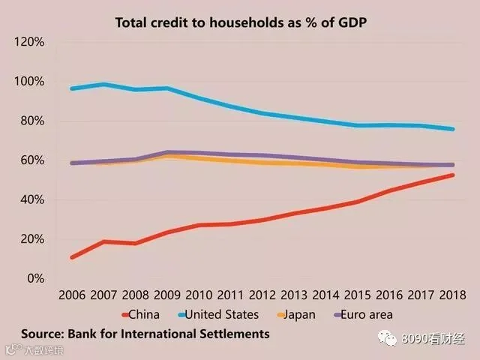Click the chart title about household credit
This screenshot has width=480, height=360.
point(241,23)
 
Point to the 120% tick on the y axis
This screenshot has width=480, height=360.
point(29,42)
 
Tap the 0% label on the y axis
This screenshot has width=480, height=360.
point(36,278)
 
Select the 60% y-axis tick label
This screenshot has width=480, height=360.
point(32,160)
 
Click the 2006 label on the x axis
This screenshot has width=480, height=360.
point(72,295)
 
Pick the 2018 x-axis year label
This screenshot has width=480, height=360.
point(452,295)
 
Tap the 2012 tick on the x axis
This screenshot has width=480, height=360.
point(262,295)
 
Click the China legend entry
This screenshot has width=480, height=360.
point(140,315)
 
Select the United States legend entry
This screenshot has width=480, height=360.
point(218,315)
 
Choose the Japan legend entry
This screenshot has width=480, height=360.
point(296,315)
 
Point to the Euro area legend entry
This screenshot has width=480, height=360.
point(363,315)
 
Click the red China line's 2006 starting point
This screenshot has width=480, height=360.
point(72,257)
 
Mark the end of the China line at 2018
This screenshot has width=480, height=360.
point(452,175)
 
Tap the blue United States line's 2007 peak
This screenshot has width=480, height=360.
point(103,85)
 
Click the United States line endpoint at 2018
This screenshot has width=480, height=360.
point(452,129)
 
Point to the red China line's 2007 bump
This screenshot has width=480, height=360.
point(103,241)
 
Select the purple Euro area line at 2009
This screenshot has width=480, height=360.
point(167,152)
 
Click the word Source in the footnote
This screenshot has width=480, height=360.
point(43,334)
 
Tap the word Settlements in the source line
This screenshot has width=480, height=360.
point(235,334)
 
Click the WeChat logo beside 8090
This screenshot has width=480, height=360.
point(387,338)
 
